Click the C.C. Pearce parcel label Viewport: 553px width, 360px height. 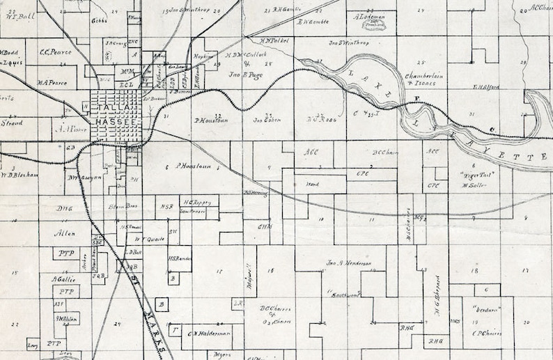tap(55, 52)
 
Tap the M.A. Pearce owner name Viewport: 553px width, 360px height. tap(53, 83)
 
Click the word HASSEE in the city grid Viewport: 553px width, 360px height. tap(112, 123)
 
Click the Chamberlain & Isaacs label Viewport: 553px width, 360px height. tap(419, 79)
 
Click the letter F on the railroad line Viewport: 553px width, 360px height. tap(417, 98)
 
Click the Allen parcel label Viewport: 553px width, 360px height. tap(64, 233)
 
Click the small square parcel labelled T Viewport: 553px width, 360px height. tap(175, 331)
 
